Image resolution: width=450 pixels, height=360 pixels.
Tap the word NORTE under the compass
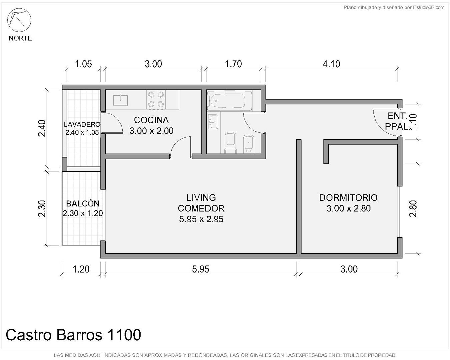20,38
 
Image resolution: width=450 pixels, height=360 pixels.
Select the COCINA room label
151,120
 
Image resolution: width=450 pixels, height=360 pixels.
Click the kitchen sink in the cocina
120,100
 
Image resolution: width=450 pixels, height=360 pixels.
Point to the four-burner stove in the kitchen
156,100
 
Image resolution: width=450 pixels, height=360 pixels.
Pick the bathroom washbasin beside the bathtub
213,122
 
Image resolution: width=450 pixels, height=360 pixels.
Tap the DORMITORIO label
348,198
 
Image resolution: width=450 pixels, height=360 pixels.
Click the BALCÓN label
83,204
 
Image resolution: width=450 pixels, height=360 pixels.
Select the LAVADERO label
82,125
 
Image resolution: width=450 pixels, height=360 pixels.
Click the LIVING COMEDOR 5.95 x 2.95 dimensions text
201,219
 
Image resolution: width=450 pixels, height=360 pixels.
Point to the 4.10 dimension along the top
331,64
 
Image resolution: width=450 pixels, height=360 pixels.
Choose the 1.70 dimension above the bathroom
233,64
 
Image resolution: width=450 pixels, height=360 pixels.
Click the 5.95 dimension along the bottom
201,269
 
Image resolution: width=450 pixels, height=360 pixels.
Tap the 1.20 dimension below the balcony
81,269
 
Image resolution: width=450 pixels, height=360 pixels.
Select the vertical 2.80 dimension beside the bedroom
413,209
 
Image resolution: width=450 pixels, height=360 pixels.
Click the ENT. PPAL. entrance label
397,121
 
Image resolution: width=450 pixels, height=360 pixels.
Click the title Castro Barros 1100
73,335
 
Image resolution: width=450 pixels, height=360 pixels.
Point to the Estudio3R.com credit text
428,8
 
